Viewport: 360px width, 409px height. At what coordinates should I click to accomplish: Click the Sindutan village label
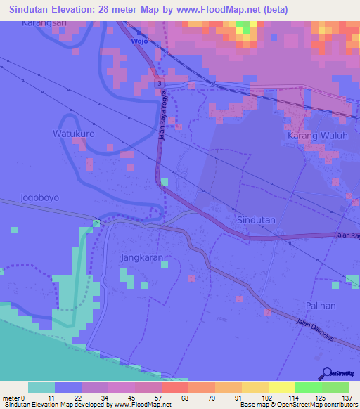point(256,220)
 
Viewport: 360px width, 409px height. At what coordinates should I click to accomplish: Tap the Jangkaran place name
point(142,258)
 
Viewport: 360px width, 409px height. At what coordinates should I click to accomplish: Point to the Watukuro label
point(74,133)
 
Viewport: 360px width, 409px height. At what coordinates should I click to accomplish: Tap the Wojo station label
point(139,41)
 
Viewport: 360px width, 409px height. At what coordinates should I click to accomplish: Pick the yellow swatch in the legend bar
point(281,387)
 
